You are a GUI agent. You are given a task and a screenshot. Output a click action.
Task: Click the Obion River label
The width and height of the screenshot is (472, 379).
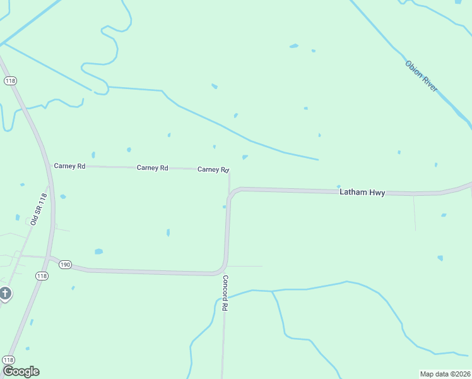[422, 76]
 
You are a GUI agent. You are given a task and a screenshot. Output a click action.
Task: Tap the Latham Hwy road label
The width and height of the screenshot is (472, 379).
[362, 191]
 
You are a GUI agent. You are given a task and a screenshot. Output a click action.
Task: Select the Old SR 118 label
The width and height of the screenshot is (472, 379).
[38, 208]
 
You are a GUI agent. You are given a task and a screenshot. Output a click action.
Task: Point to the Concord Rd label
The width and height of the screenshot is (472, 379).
[224, 292]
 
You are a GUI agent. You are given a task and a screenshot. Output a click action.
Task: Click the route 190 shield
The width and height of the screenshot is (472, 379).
[65, 265]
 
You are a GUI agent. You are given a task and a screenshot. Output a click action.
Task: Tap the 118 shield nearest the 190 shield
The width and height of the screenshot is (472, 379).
[42, 276]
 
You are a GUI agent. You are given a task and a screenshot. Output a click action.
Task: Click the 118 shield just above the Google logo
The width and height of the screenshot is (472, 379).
[9, 359]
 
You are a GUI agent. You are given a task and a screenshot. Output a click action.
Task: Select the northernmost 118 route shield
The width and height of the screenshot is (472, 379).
[9, 81]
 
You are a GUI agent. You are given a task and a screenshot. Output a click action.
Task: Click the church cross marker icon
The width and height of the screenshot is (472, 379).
[5, 293]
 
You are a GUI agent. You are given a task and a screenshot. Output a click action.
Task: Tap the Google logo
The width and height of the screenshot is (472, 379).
[21, 371]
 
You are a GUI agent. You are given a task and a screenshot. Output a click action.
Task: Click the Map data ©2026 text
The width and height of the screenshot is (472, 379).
[445, 374]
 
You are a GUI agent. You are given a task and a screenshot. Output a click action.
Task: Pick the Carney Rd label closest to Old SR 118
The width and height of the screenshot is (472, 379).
[69, 166]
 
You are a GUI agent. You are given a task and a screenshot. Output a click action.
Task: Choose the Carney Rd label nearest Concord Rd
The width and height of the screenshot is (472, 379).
[213, 169]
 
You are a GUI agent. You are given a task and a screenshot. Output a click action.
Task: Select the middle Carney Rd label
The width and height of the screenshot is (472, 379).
[152, 168]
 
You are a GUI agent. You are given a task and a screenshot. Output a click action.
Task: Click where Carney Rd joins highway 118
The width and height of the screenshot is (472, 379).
[50, 165]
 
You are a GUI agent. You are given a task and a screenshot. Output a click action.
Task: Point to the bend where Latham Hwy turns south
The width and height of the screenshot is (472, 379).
[232, 194]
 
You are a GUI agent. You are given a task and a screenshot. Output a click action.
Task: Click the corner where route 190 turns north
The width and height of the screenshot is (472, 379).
[222, 269]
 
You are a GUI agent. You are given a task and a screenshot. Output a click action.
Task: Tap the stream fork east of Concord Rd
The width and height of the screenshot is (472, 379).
[272, 291]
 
